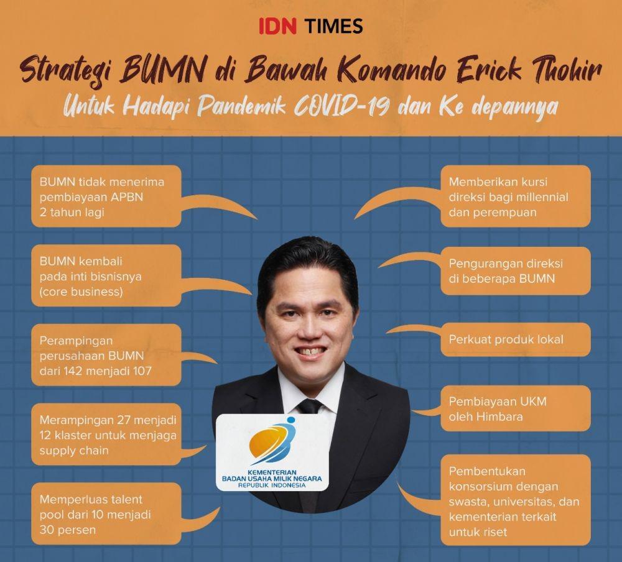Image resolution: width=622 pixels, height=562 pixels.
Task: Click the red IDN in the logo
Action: (277, 25)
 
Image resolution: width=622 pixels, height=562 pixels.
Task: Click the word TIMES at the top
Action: (335, 25)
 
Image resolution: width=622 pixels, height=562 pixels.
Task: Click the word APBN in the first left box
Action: (127, 197)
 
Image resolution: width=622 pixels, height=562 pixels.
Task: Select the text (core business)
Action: (81, 292)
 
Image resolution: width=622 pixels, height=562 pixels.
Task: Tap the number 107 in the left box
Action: (142, 371)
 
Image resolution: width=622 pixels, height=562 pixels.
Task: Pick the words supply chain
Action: (74, 451)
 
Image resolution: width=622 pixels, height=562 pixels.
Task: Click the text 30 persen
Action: (67, 530)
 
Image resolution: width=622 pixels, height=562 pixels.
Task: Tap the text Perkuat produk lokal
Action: (506, 340)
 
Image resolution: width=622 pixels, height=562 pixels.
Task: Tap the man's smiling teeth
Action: (310, 351)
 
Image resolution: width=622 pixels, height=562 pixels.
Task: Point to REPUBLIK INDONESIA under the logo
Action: (272, 485)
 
